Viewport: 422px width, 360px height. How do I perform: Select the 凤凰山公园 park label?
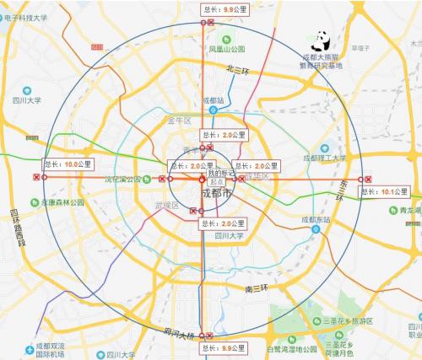click(x=227, y=50)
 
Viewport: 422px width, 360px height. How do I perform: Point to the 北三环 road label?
click(x=240, y=75)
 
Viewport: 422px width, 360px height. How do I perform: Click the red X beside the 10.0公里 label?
click(x=36, y=178)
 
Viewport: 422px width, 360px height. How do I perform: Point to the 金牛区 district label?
click(x=181, y=121)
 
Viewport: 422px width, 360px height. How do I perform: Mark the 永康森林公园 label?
click(x=61, y=203)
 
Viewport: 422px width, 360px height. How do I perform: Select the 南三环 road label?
click(x=256, y=289)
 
